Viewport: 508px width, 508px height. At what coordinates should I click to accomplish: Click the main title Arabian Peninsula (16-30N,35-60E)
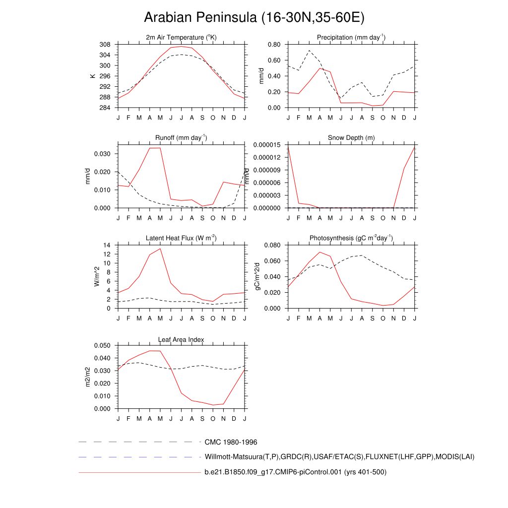point(254,18)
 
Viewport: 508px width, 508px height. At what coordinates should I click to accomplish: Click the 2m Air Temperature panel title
point(182,38)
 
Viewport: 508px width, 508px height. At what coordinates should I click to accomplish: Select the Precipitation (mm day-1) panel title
point(351,38)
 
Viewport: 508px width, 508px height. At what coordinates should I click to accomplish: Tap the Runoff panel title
point(182,138)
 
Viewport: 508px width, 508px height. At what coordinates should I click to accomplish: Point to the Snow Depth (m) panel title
point(351,138)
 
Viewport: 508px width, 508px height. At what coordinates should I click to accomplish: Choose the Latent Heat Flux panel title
point(182,238)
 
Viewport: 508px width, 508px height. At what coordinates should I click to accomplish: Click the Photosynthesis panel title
point(351,238)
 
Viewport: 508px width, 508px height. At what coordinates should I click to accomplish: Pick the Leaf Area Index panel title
point(182,339)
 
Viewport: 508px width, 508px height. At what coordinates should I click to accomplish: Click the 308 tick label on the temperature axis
point(105,45)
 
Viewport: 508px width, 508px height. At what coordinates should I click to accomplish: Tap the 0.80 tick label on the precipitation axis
point(274,45)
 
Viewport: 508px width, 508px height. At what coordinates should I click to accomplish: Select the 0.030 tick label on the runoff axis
point(103,154)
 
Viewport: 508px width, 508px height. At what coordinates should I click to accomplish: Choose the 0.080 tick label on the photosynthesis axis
point(272,245)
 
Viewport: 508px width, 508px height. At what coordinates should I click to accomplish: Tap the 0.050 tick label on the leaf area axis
point(103,345)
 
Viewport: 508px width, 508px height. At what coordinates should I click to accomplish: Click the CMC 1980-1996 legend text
point(231,442)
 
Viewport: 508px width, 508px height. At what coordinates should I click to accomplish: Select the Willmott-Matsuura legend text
point(339,456)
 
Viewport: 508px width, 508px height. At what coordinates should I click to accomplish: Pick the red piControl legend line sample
point(139,472)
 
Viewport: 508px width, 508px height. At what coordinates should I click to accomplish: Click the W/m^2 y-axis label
point(97,276)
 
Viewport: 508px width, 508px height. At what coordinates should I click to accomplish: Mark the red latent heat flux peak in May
point(160,249)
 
